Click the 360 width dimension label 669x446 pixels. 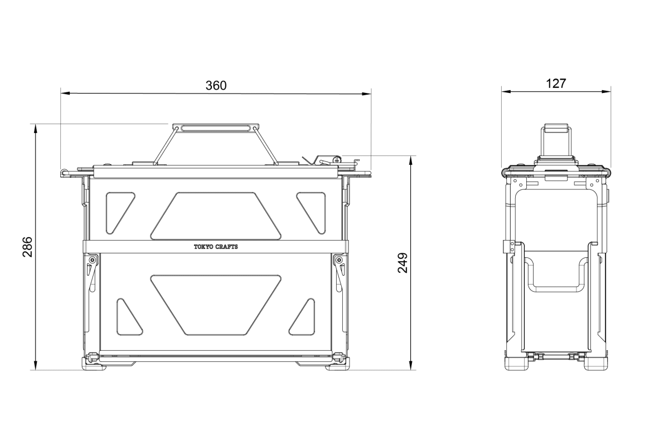tap(216, 86)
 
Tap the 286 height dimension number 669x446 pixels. tap(27, 247)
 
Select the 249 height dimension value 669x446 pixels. tap(403, 263)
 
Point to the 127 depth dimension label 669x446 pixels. tap(556, 84)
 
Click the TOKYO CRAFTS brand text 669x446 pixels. tap(216, 247)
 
